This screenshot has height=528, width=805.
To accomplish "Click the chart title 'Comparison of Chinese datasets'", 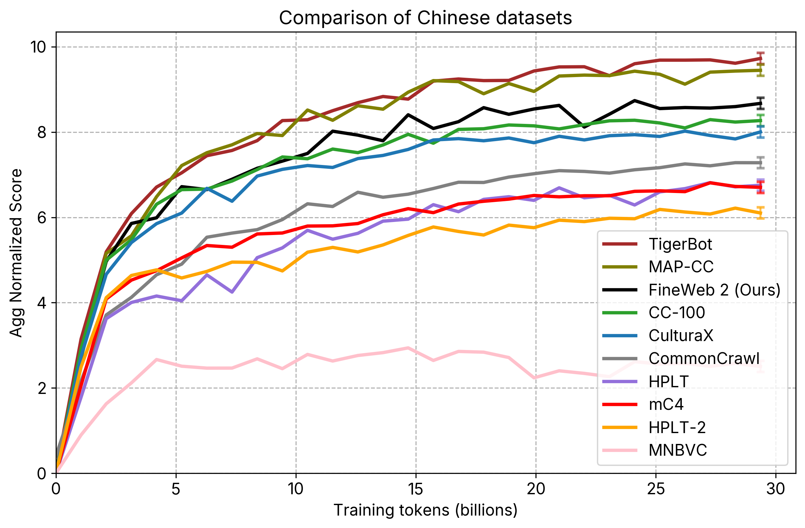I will [x=425, y=18].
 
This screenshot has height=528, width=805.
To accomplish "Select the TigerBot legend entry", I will [x=680, y=244].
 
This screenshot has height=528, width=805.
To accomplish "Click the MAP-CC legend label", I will [x=681, y=267].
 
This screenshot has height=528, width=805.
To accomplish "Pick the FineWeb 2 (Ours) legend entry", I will [x=714, y=290].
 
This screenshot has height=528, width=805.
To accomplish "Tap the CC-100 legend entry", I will [x=676, y=313].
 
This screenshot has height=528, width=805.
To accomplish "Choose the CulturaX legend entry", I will [x=681, y=336].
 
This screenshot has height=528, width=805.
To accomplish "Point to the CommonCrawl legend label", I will [x=704, y=359].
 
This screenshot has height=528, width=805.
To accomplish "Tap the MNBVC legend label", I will [x=677, y=451].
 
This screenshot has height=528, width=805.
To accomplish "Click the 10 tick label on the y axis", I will [x=38, y=47].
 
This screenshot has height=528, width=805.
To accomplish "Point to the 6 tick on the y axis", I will [x=42, y=218].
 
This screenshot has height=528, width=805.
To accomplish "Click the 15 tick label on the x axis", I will [x=415, y=489].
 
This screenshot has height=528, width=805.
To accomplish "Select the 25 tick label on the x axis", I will [x=655, y=489].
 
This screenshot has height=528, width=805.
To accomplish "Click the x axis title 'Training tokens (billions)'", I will [x=425, y=511].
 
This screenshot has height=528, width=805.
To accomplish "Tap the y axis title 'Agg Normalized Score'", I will [x=16, y=253].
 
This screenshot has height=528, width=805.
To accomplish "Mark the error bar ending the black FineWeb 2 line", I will [x=760, y=103].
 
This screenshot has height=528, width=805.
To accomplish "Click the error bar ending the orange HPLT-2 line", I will [x=760, y=213].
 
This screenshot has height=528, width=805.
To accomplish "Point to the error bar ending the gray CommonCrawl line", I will [x=760, y=163].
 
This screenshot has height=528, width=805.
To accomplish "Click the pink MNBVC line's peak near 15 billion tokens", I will [x=408, y=348].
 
